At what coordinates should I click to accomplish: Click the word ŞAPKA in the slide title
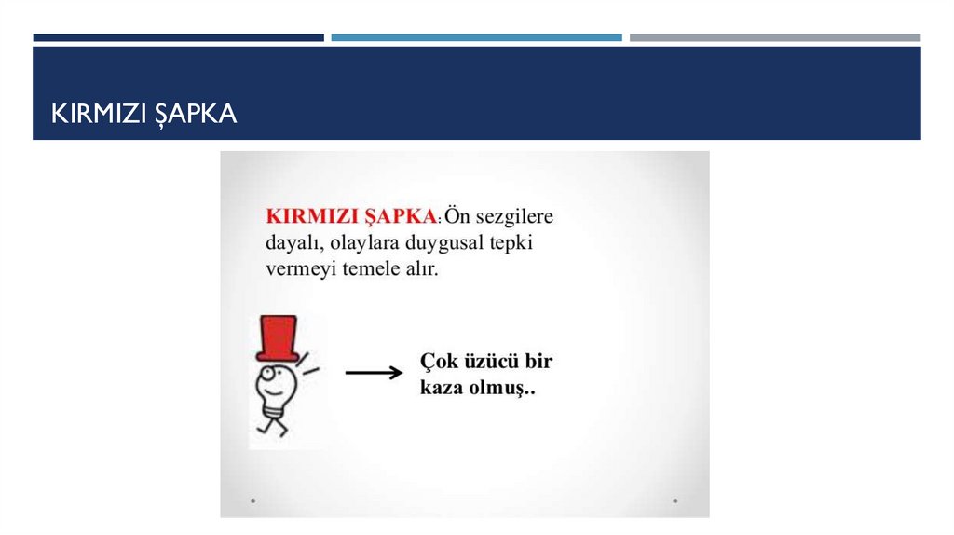[199, 114]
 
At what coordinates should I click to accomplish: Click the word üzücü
[490, 361]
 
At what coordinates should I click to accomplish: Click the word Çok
[438, 361]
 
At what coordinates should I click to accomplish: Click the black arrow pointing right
[373, 373]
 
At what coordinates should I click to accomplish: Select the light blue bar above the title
[476, 38]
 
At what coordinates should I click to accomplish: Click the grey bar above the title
[774, 38]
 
